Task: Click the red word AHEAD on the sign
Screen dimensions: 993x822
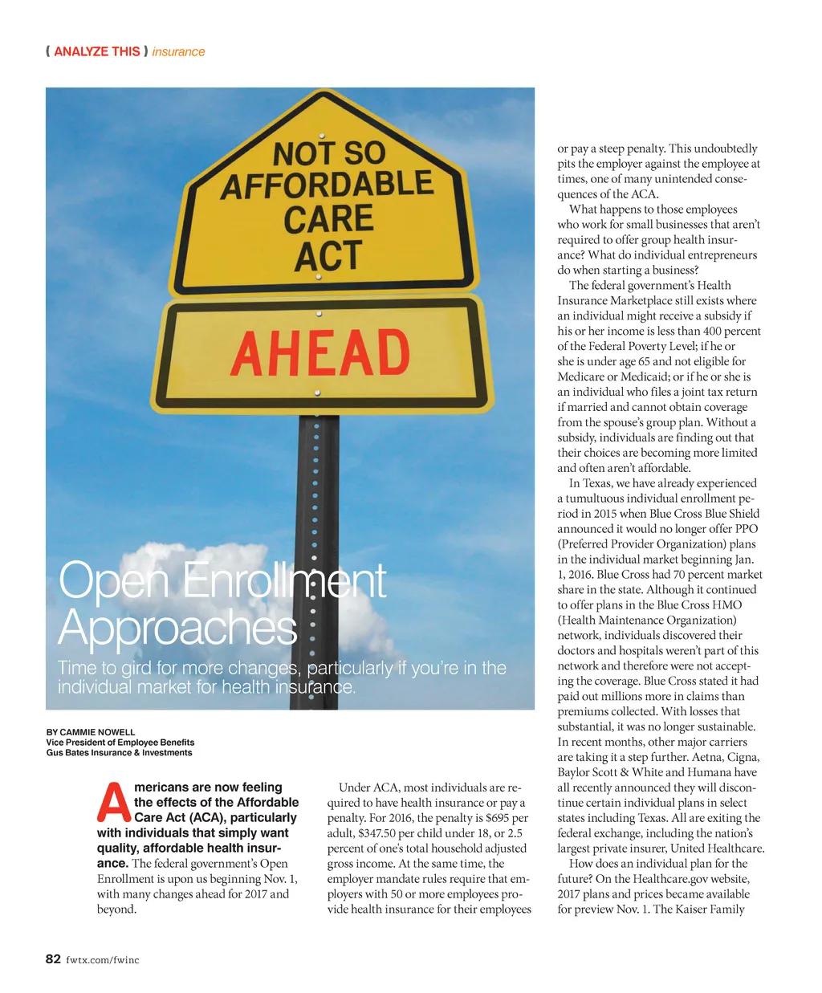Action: [320, 353]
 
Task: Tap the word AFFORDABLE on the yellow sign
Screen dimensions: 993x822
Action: [327, 185]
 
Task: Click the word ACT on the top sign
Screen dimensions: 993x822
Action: [328, 257]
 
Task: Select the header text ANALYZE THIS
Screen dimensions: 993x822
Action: [96, 51]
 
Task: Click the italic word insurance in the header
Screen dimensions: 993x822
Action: [178, 51]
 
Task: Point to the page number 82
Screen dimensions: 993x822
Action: [53, 958]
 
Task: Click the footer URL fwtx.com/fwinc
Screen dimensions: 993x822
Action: [103, 959]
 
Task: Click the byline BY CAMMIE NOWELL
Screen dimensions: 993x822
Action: [91, 732]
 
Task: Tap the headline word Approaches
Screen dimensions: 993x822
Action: [177, 627]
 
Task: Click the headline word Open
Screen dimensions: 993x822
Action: [112, 580]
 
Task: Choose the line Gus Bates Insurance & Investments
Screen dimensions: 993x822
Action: [119, 753]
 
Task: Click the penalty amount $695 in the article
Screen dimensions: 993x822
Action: [498, 818]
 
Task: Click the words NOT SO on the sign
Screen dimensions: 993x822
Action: [329, 153]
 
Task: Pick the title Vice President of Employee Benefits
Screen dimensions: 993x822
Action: [120, 743]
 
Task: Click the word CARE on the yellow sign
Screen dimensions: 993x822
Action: [328, 219]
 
